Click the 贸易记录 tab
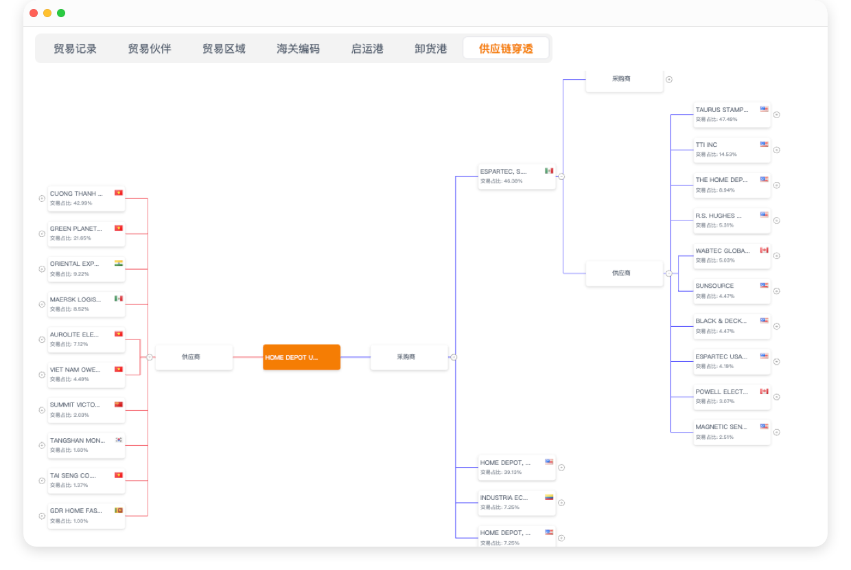pos(75,49)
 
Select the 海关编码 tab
pos(298,49)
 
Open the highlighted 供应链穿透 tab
pos(506,49)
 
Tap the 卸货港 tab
pos(430,49)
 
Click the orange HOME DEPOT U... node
pos(301,357)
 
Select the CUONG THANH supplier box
pos(86,198)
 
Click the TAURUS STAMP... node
pos(731,114)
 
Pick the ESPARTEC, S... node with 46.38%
pos(516,176)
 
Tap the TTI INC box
pos(731,149)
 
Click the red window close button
pos(34,13)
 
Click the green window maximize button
pos(61,13)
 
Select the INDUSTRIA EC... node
pos(516,502)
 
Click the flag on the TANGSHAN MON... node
pos(119,440)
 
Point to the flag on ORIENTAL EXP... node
pos(119,263)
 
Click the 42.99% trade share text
pos(71,203)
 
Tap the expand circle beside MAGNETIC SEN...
pos(777,432)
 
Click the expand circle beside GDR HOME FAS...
pos(42,515)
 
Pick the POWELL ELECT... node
pos(731,396)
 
